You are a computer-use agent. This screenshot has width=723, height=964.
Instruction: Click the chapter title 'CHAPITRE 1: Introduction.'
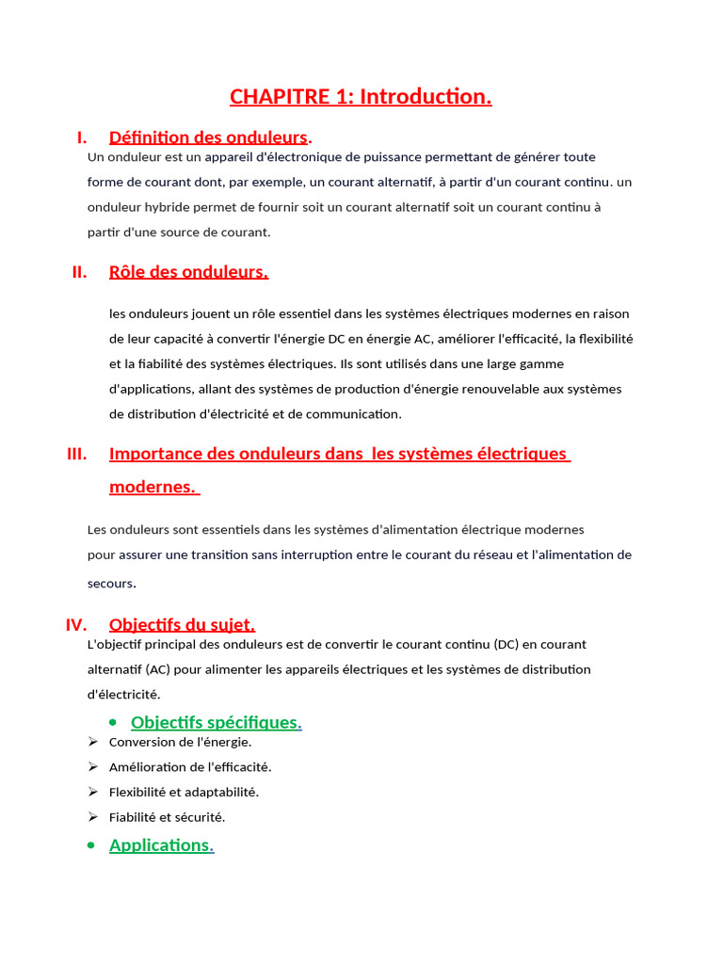pos(361,97)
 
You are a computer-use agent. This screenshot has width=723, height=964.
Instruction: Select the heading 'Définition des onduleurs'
pos(208,137)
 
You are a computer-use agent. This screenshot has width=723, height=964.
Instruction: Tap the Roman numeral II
pos(79,272)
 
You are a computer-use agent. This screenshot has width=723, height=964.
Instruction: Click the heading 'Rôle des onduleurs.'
pos(188,272)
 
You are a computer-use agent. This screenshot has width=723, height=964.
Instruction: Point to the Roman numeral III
pos(76,454)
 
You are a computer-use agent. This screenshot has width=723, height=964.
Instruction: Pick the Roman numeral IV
pos(76,625)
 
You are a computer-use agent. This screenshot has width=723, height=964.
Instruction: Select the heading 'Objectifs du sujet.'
pos(182,625)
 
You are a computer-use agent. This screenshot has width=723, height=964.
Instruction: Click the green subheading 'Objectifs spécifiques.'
pos(216,722)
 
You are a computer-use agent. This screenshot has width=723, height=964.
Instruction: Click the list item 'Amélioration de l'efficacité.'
pos(190,767)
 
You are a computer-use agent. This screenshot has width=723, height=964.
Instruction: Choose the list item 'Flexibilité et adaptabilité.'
pos(184,792)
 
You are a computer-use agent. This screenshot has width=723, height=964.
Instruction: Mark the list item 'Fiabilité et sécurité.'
pos(167,817)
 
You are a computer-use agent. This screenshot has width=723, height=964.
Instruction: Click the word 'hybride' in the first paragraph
pos(168,207)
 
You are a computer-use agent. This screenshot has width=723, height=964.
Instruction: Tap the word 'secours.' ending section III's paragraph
pos(112,584)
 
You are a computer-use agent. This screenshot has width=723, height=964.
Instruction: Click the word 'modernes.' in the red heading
pos(153,487)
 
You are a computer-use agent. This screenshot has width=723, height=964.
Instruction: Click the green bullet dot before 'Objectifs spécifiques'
pos(113,722)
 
